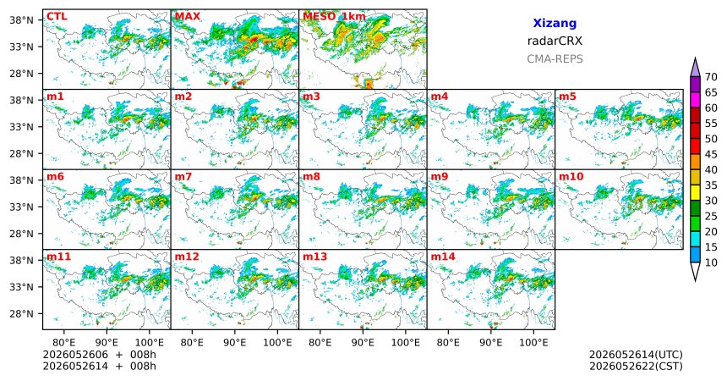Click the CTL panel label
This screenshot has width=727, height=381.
tap(57, 17)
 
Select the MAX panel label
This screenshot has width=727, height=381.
tap(188, 17)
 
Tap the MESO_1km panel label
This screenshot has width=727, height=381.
tap(334, 17)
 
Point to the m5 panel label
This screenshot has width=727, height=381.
tap(567, 97)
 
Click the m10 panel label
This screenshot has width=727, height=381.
tap(571, 177)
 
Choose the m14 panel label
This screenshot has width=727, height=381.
tap(443, 257)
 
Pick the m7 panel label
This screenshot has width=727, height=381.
tap(183, 177)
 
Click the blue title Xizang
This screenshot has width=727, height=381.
tap(555, 23)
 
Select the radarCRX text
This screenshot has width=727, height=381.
tap(555, 41)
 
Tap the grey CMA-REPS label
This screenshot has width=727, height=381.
tap(555, 59)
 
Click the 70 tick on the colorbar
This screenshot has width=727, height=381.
tap(711, 77)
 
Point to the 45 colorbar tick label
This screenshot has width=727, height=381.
tap(711, 154)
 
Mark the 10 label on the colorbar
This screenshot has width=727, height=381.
tap(711, 262)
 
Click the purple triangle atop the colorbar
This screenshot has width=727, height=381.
tap(695, 68)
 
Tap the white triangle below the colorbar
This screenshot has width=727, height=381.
tap(695, 271)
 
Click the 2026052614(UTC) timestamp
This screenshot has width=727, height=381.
tap(636, 355)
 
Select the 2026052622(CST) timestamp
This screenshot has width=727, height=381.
tap(636, 366)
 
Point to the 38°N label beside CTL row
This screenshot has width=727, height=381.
tap(21, 20)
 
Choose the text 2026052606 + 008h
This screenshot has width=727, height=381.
tap(99, 355)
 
